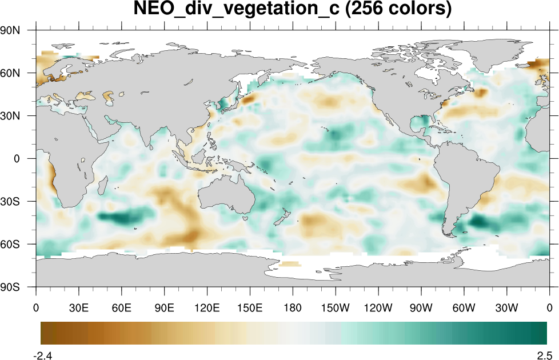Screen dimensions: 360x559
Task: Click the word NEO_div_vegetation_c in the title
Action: tap(237, 9)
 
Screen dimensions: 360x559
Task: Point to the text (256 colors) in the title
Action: tap(397, 9)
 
